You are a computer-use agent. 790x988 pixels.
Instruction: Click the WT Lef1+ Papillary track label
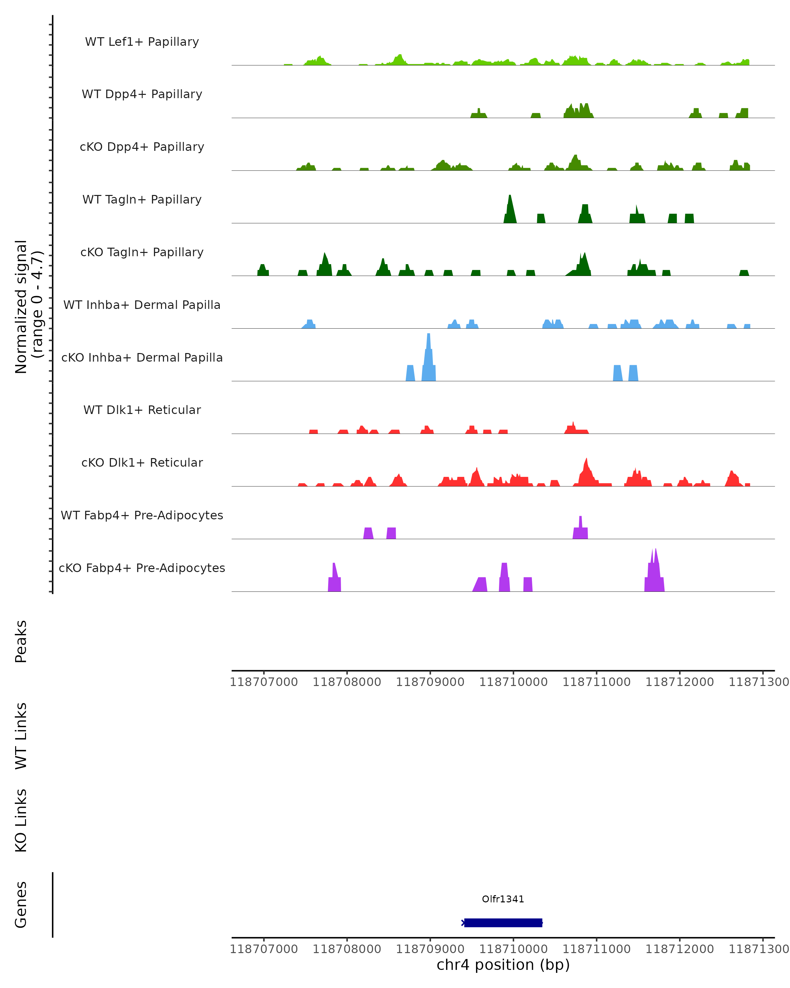[142, 42]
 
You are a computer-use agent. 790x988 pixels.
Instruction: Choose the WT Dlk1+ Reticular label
[142, 410]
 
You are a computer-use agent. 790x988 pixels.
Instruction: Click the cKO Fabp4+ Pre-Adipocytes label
[142, 568]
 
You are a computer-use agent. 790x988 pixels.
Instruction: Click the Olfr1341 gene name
[503, 899]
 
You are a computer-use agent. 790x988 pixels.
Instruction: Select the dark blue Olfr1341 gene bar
[503, 922]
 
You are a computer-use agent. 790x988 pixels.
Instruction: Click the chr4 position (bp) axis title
[503, 965]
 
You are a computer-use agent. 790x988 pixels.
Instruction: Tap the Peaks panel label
[21, 641]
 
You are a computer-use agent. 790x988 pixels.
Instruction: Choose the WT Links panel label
[21, 736]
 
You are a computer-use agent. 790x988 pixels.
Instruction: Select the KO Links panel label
[21, 820]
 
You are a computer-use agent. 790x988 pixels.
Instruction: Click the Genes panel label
[21, 905]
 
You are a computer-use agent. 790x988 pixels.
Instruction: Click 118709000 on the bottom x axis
[430, 949]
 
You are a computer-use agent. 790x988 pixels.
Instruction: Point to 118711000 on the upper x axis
[596, 682]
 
